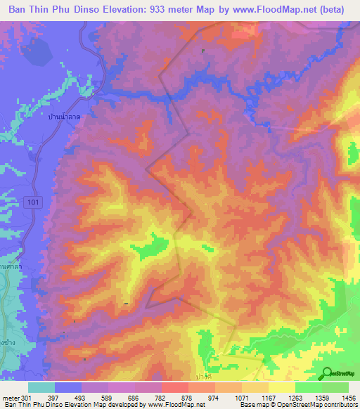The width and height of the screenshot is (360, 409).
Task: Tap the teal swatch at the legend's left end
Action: pos(41,387)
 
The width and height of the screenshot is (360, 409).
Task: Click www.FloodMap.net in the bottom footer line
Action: pos(174,404)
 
